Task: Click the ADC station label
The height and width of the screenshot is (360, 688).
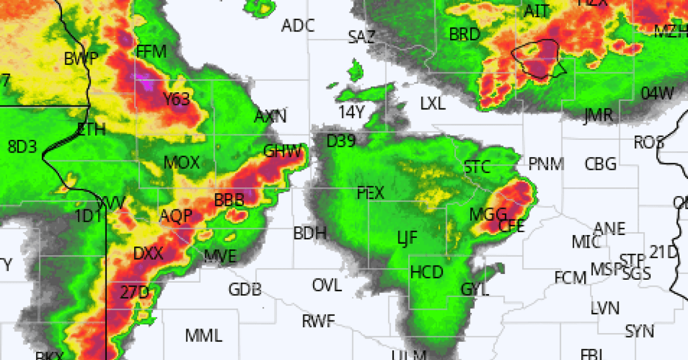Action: (x=298, y=25)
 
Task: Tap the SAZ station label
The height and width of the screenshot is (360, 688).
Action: (x=362, y=37)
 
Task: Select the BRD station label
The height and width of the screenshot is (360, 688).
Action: (x=464, y=34)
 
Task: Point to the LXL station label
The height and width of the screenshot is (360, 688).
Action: (x=433, y=104)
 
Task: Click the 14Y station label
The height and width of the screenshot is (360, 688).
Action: (x=351, y=112)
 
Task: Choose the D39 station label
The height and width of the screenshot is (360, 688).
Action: (x=341, y=140)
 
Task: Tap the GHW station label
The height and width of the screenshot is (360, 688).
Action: (x=283, y=151)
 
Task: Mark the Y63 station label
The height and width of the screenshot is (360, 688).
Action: (x=176, y=100)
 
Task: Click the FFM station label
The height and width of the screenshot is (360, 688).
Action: (x=152, y=53)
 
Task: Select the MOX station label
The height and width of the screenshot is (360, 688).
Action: (x=182, y=163)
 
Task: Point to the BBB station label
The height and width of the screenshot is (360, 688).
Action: (x=229, y=200)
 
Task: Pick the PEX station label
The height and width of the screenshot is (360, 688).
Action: (x=370, y=193)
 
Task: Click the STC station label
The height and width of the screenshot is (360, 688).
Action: (x=477, y=167)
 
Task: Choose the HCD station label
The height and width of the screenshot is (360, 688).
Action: (x=427, y=272)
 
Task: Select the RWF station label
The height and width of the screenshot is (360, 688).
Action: (x=318, y=321)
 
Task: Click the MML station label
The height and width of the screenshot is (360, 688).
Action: (x=204, y=335)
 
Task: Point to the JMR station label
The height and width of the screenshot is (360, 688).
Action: (x=598, y=115)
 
